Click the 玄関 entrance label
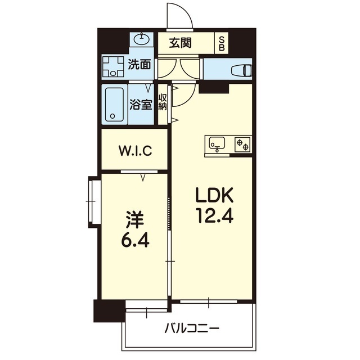(x=180, y=43)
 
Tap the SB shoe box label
(x=222, y=44)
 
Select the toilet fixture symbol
(x=242, y=70)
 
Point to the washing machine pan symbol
(x=112, y=66)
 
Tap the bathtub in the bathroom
(x=114, y=104)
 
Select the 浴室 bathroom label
(x=141, y=105)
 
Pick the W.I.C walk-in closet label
(x=135, y=151)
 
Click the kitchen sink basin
(x=217, y=143)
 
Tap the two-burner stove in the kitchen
(x=242, y=145)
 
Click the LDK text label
(x=214, y=195)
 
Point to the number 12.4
(x=214, y=215)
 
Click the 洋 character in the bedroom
(x=135, y=220)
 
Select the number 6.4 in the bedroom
(x=135, y=240)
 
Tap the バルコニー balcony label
(x=192, y=328)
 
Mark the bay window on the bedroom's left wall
(x=94, y=201)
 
